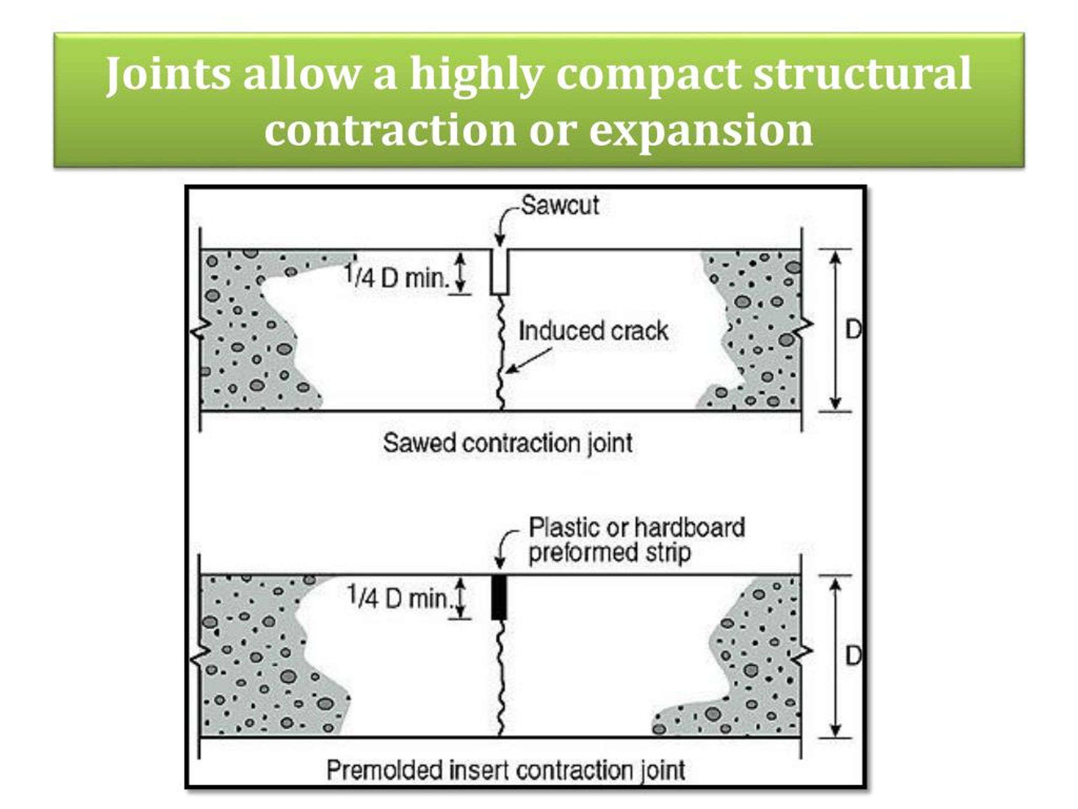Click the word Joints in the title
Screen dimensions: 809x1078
(x=168, y=74)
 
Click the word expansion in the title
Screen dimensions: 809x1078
(x=701, y=130)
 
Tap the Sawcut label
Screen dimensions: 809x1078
(x=560, y=205)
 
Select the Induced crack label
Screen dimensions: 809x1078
(x=592, y=331)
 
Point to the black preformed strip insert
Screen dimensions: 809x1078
(x=499, y=597)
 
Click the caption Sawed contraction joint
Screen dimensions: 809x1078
(x=507, y=443)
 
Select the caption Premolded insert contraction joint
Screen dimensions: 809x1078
(x=505, y=771)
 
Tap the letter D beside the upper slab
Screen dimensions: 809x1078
(x=853, y=330)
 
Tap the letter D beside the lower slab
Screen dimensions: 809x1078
(x=853, y=656)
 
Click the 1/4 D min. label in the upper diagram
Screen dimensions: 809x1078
(x=396, y=277)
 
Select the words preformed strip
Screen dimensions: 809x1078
(x=609, y=552)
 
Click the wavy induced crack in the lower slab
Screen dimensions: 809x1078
(x=500, y=678)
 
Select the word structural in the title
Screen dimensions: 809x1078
(x=862, y=74)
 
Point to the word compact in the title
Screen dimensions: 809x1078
(x=647, y=74)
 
